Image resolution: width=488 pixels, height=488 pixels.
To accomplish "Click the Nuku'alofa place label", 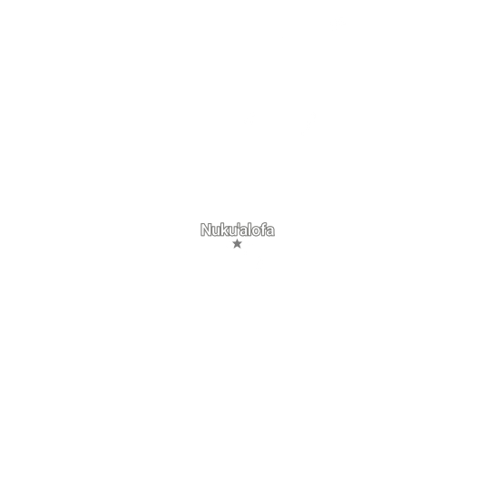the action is [x=238, y=229].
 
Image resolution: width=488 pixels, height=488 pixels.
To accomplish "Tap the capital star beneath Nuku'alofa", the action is [x=237, y=244].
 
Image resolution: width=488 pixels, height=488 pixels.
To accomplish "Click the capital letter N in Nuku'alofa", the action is [x=206, y=229].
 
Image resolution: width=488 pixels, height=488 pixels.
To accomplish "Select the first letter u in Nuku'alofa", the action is [x=217, y=231].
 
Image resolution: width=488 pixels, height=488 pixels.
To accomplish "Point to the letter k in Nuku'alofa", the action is [x=225, y=229].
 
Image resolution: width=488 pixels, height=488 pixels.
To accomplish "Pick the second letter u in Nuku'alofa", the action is [x=233, y=231].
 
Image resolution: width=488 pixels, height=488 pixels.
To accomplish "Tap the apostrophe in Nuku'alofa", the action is [x=239, y=225].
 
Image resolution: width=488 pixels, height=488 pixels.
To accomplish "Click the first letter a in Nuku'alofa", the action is [x=244, y=231].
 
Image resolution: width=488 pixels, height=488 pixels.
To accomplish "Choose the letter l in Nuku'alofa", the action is [x=250, y=229].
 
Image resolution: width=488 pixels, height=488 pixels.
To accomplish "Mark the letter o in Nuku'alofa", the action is [x=256, y=231].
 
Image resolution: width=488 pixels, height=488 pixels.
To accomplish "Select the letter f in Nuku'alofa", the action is [x=263, y=229].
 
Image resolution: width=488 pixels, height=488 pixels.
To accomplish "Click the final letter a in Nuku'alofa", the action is [x=270, y=231].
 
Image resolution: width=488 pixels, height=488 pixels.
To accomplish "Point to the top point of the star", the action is [x=237, y=239].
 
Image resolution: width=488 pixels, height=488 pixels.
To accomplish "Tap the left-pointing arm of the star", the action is [x=233, y=243].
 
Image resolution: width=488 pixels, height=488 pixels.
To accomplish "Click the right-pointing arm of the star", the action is [x=242, y=243].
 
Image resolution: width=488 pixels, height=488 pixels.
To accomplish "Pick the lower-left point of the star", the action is [x=234, y=248].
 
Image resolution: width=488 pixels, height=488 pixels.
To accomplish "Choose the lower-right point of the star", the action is [x=240, y=248].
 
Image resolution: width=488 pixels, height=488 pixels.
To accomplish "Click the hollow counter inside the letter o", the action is [x=256, y=231].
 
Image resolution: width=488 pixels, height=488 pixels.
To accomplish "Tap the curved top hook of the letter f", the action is [x=265, y=224].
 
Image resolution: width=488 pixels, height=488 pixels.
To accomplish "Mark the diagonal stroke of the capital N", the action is [x=206, y=229].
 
